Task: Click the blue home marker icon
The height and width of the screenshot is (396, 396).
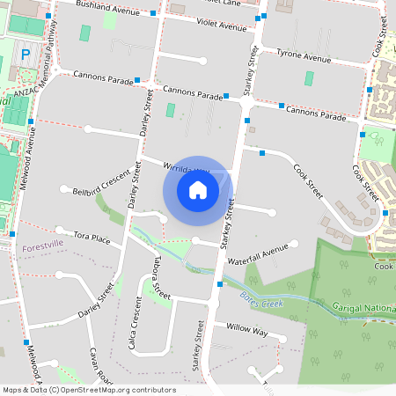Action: [198, 189]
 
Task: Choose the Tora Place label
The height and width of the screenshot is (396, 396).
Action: [92, 238]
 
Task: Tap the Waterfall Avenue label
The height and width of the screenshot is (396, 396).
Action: [258, 253]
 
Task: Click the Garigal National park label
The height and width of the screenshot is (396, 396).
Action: [364, 308]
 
